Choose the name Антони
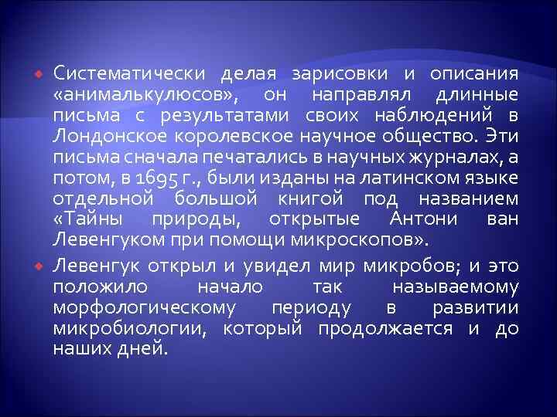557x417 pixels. click(430, 221)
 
